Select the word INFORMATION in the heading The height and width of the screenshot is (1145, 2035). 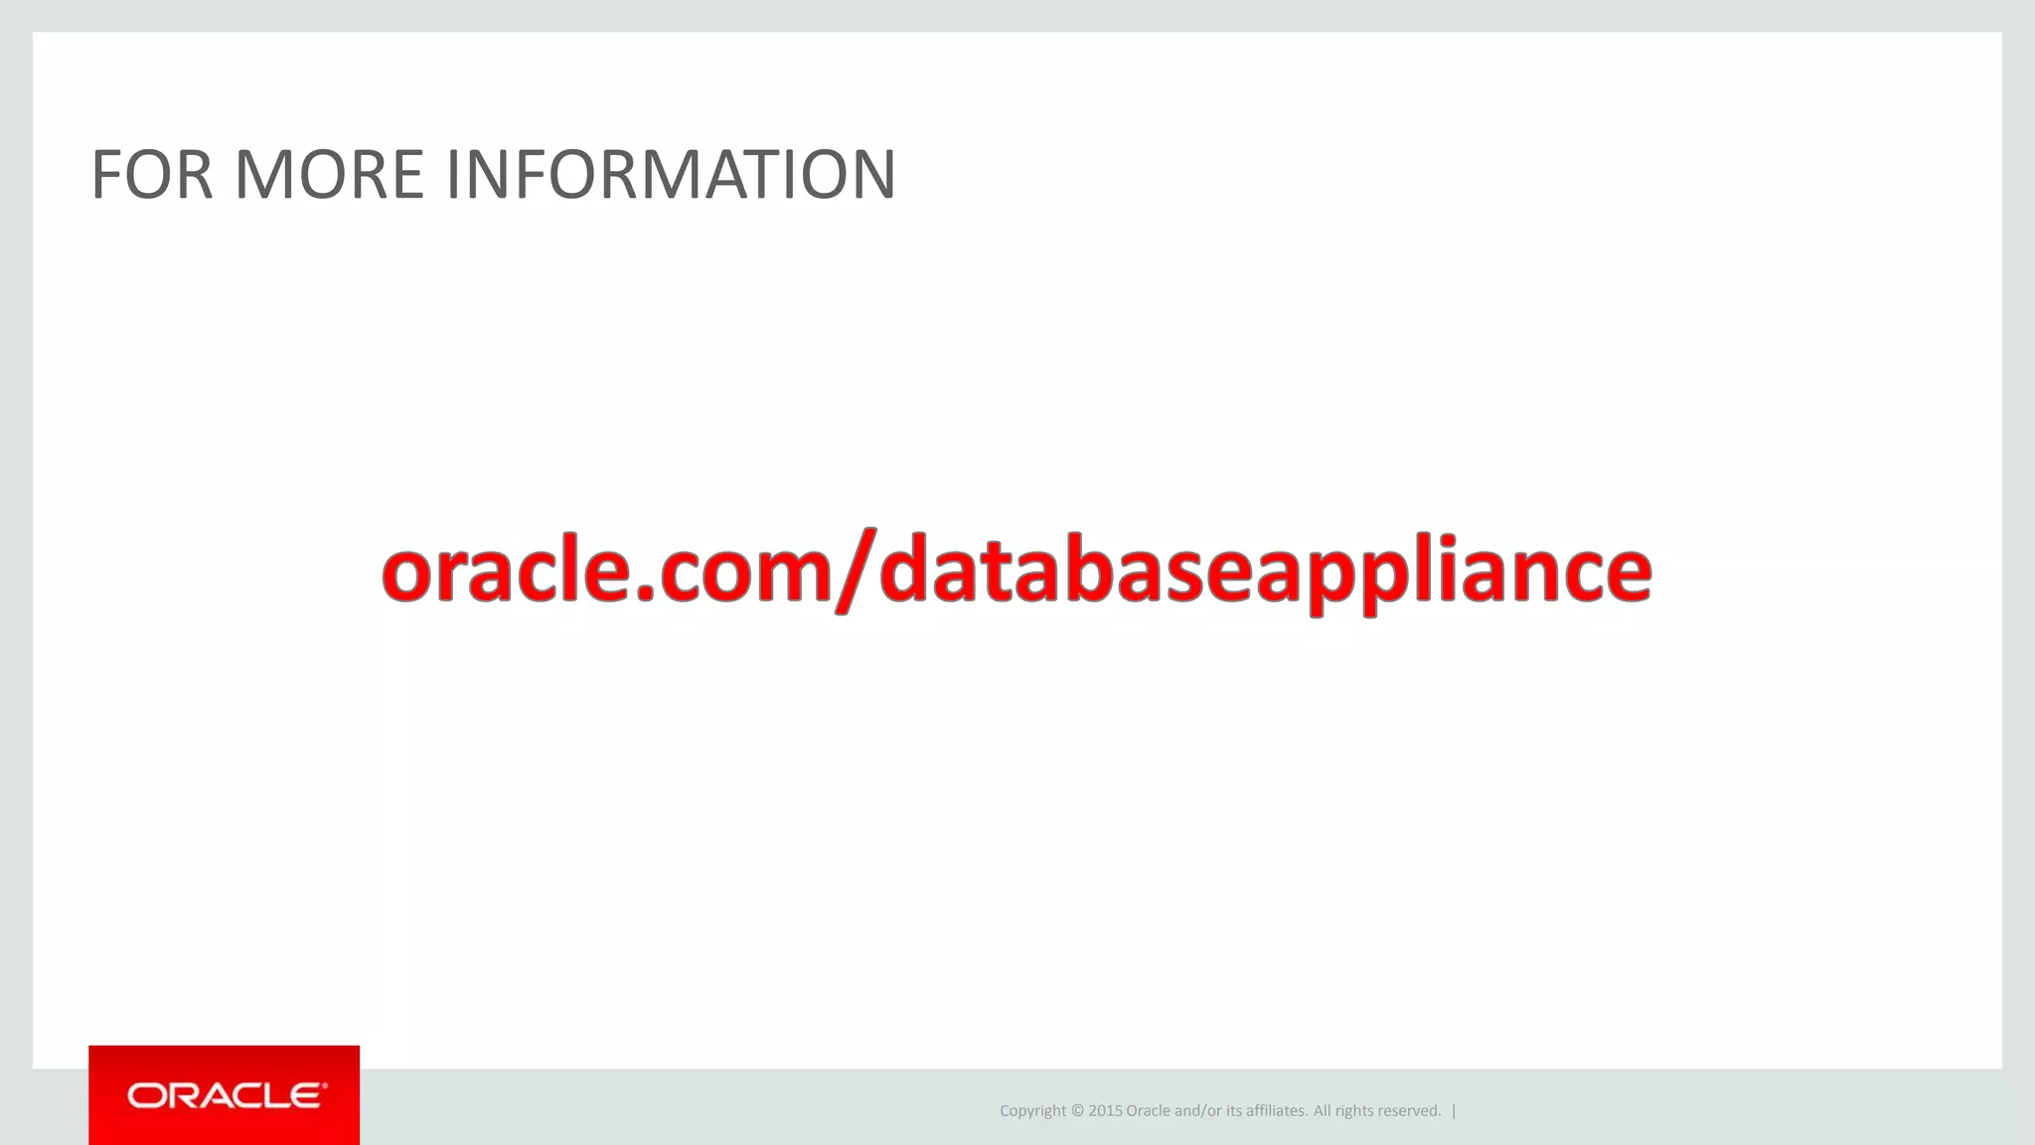(671, 175)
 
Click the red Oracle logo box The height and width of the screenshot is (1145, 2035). (224, 1095)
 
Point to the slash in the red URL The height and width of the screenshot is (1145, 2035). (856, 572)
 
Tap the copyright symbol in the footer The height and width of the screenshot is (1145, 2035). (1077, 1111)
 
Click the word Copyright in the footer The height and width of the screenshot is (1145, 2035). (1032, 1111)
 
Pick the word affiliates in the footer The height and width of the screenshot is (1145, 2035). (1277, 1111)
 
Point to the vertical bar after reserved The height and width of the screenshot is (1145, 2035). (1454, 1111)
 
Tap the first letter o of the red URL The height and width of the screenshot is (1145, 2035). (409, 574)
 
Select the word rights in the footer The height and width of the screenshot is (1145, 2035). (1355, 1111)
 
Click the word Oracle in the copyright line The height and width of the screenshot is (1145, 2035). (1148, 1111)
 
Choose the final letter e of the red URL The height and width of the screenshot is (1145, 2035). (1623, 574)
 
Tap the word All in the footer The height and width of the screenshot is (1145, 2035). (1323, 1111)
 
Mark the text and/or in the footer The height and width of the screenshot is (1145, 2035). (1198, 1111)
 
